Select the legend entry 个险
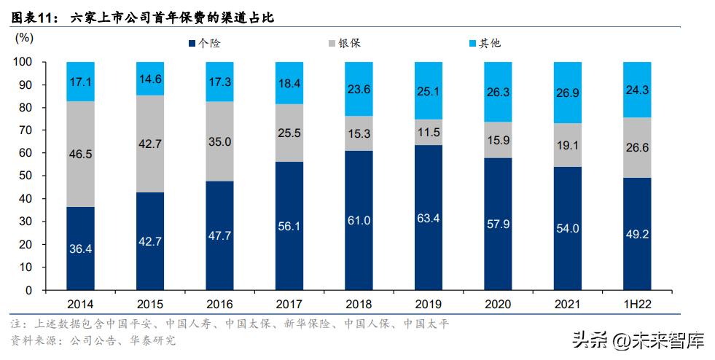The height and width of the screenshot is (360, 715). [x=204, y=44]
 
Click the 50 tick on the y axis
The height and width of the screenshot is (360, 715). [x=26, y=176]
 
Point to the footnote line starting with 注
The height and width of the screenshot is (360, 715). [x=230, y=324]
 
